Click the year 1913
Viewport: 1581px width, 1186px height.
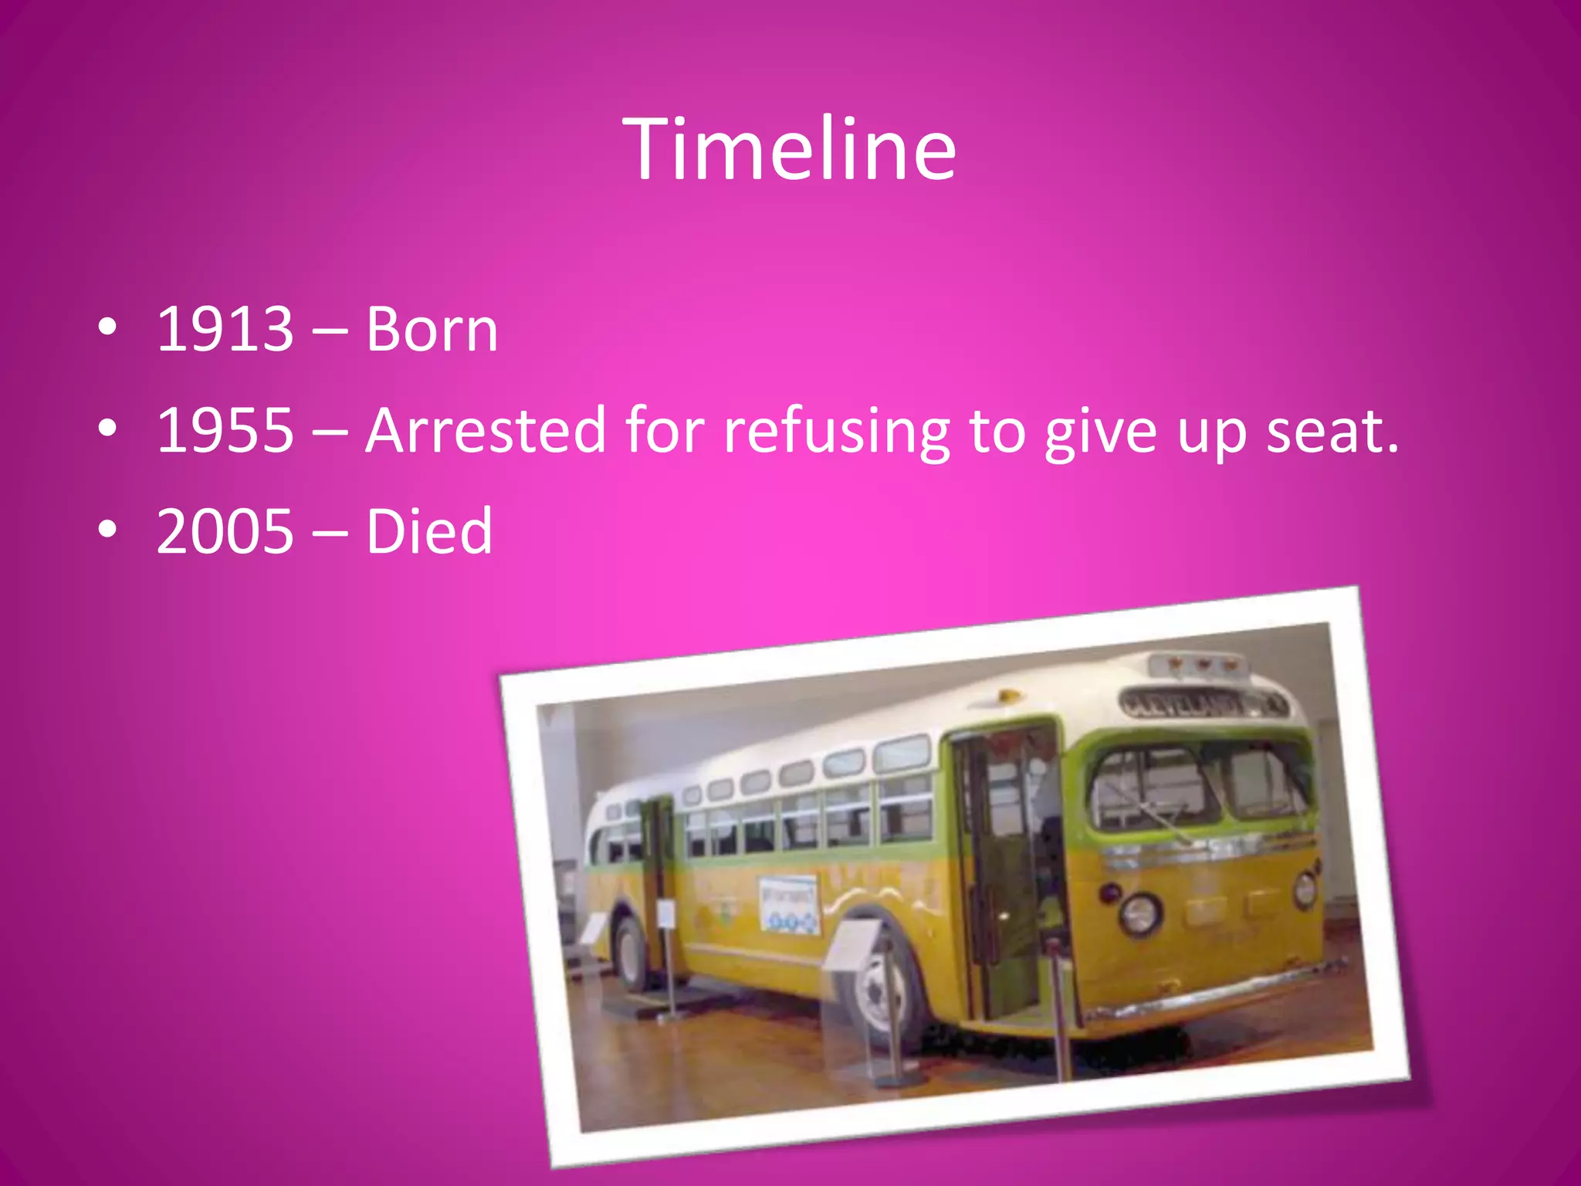pyautogui.click(x=225, y=330)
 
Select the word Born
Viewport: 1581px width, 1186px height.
pyautogui.click(x=432, y=330)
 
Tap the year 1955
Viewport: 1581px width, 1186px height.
pyautogui.click(x=225, y=431)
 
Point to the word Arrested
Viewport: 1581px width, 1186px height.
pyautogui.click(x=486, y=431)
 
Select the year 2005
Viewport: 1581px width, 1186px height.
pyautogui.click(x=225, y=531)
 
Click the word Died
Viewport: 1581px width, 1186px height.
pyautogui.click(x=428, y=531)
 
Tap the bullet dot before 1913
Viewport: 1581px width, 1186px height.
pyautogui.click(x=108, y=327)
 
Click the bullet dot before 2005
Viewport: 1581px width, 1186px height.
pyautogui.click(x=108, y=529)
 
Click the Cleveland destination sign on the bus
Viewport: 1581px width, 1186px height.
pyautogui.click(x=1201, y=703)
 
